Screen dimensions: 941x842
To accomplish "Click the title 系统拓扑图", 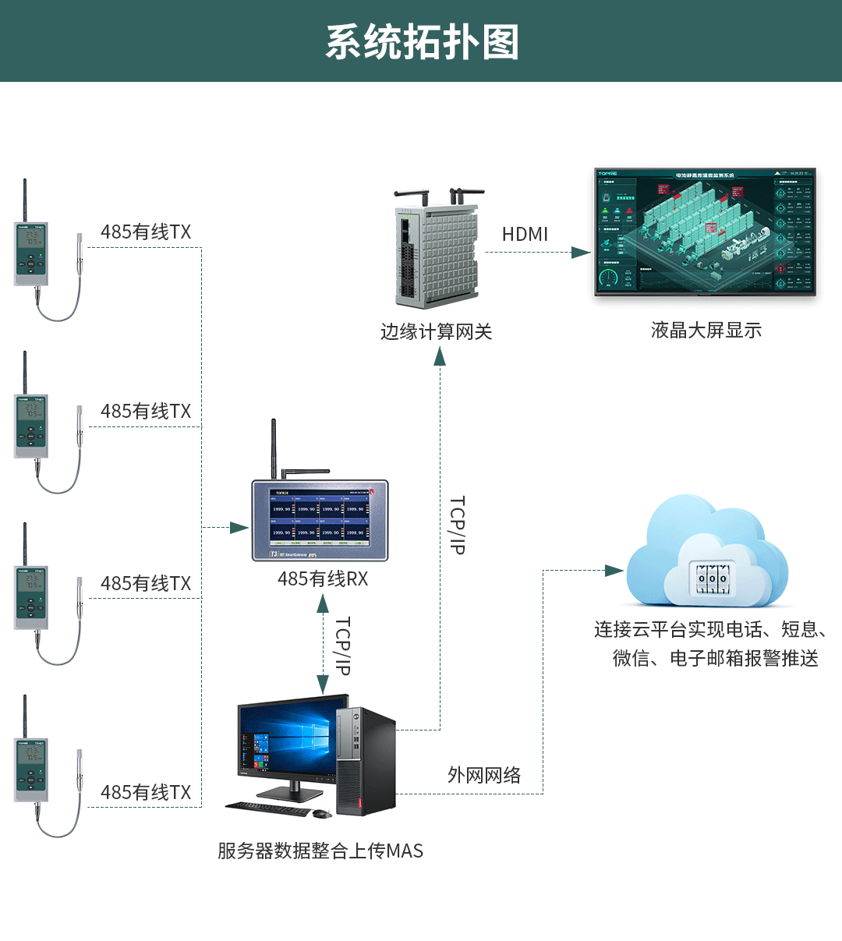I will (422, 42).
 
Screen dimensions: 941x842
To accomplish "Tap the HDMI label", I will (525, 234).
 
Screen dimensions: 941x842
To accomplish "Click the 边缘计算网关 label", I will (436, 332).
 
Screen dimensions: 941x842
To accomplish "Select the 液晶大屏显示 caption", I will (706, 331).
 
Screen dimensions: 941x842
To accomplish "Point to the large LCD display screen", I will (705, 232).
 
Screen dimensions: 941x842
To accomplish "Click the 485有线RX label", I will (323, 579).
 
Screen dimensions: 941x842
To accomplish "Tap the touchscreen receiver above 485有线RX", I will (320, 520).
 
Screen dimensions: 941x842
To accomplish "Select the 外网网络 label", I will (484, 775).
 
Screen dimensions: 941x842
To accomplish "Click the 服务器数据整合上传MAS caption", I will (320, 851).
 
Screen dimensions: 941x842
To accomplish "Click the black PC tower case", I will (365, 760).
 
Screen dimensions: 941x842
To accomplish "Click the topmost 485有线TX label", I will (146, 232).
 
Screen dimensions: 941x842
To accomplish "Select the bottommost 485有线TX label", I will (146, 793).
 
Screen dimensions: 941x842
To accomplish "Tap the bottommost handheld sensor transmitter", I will (31, 768).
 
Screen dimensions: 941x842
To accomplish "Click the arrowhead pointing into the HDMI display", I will (581, 253).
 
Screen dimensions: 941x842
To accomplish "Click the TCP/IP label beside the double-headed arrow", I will (342, 646).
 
